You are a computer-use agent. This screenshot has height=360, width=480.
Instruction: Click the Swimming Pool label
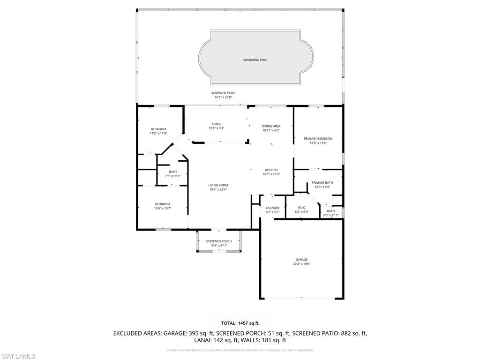255,60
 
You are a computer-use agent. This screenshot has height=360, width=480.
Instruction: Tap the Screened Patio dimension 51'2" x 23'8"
223,97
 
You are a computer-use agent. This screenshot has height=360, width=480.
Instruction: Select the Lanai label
216,124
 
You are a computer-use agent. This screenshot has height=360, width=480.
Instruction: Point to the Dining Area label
271,126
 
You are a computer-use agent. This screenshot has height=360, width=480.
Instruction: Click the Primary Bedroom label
318,139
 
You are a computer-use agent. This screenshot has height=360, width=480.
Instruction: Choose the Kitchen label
271,170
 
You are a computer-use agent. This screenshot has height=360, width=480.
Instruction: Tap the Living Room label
218,185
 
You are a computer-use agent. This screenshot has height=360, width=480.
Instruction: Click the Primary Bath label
322,183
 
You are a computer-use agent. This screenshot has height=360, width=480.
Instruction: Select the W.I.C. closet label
302,207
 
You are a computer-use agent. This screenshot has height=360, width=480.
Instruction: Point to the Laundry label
272,208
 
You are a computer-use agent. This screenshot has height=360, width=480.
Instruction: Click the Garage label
301,260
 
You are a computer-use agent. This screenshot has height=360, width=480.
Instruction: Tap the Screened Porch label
218,241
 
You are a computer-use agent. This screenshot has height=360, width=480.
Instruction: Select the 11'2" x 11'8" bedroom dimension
158,134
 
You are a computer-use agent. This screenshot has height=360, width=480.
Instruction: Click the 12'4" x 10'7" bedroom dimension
163,208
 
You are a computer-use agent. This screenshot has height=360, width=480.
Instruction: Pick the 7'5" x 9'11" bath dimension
172,176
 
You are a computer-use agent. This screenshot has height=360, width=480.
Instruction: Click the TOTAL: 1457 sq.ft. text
240,323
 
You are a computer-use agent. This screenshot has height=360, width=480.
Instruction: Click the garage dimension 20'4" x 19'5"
301,264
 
